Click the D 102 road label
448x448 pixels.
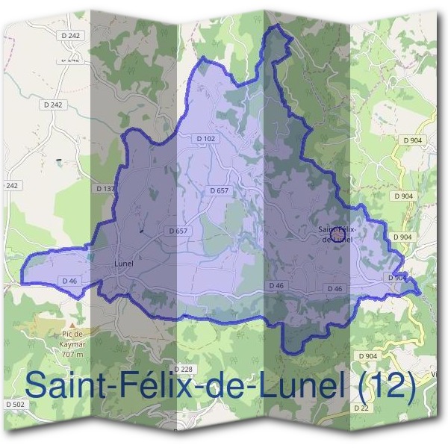point(205,138)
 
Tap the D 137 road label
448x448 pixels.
point(106,189)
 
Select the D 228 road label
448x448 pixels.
point(183,370)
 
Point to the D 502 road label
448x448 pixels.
point(14,404)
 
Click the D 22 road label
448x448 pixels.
point(362,408)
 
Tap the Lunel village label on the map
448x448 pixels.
point(124,264)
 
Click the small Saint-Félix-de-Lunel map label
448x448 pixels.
point(335,234)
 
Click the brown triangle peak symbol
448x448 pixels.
point(49,326)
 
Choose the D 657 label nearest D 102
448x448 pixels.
point(219,190)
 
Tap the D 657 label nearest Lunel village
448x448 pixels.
point(178,231)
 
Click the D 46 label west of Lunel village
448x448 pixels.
point(70,280)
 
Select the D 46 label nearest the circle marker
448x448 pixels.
point(334,288)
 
